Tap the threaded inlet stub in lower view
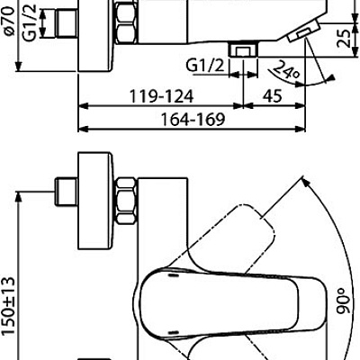[x=65, y=193]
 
